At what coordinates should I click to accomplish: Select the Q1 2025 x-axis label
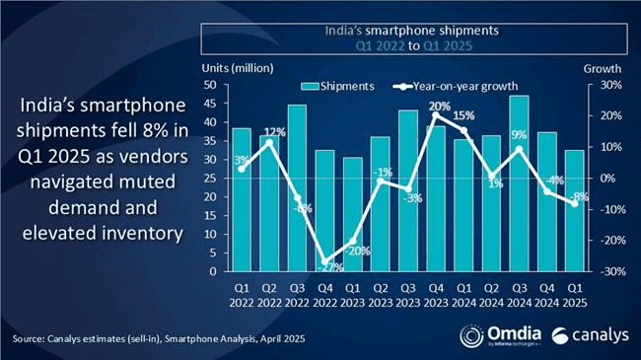(575, 296)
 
